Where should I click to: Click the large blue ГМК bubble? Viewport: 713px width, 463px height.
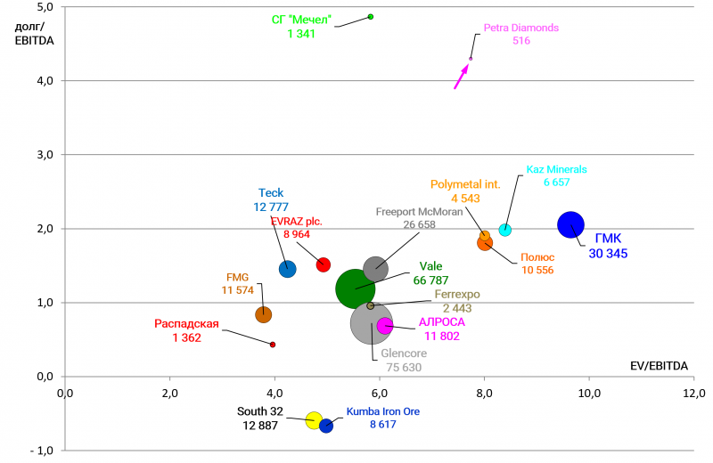pyautogui.click(x=571, y=225)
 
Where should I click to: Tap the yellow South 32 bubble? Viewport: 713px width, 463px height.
pyautogui.click(x=314, y=420)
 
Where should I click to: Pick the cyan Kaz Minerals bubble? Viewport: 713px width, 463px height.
pyautogui.click(x=505, y=230)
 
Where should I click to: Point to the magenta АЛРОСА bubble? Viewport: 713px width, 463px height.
pyautogui.click(x=385, y=326)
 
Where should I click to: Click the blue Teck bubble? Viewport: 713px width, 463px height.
pyautogui.click(x=288, y=269)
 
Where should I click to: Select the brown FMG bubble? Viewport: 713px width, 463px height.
pyautogui.click(x=264, y=314)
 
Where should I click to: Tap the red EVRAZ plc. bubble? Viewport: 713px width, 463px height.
pyautogui.click(x=324, y=264)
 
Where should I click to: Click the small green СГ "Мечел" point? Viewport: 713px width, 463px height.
pyautogui.click(x=371, y=17)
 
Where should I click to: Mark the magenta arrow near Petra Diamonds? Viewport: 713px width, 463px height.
pyautogui.click(x=460, y=77)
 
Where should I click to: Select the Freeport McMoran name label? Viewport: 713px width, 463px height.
pyautogui.click(x=418, y=212)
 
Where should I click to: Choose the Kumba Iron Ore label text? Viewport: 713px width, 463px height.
pyautogui.click(x=382, y=411)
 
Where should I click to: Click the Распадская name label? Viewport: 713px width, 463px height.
pyautogui.click(x=186, y=324)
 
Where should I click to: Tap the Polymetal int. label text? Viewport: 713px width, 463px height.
pyautogui.click(x=465, y=184)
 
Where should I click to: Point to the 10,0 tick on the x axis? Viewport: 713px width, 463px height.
pyautogui.click(x=588, y=392)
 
